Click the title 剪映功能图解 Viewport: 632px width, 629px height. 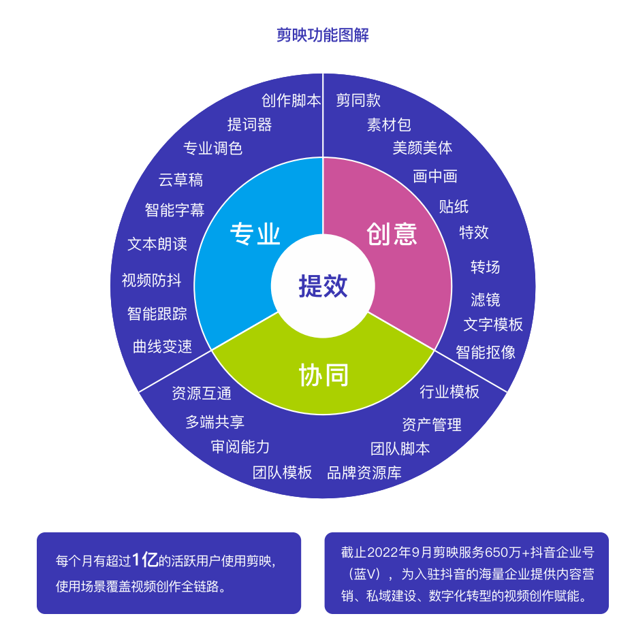tap(322, 35)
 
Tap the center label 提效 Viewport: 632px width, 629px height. tap(323, 286)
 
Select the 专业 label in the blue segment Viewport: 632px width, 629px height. tap(255, 233)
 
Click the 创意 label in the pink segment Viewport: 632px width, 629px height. tap(392, 233)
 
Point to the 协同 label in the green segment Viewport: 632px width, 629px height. tap(323, 374)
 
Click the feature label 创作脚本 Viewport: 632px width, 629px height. tap(291, 100)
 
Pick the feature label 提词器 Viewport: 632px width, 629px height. tap(249, 125)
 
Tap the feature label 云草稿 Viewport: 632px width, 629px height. tap(180, 180)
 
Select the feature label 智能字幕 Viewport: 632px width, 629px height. tap(174, 210)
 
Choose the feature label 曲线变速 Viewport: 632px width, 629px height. tap(163, 346)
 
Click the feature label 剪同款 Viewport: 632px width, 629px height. tap(358, 100)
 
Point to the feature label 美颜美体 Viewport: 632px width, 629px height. tap(422, 148)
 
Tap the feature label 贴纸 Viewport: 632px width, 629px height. tap(454, 207)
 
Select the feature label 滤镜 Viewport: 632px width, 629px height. tap(486, 300)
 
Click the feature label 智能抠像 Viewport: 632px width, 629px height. tap(486, 352)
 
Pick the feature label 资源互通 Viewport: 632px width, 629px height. tap(202, 393)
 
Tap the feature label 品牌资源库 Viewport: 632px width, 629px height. tap(364, 472)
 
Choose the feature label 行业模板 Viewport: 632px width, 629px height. tap(449, 391)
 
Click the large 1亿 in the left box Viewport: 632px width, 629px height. tap(145, 560)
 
